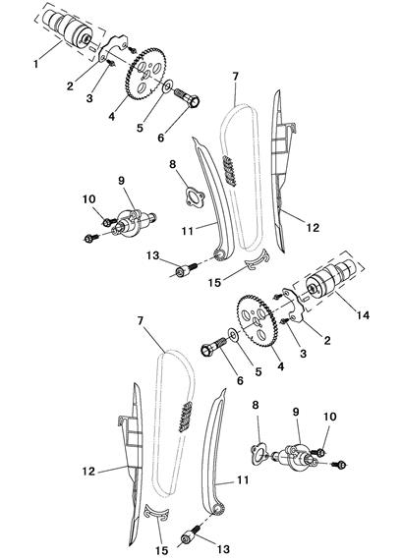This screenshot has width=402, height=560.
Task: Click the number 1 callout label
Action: click(35, 64)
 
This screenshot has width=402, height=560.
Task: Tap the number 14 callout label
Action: click(363, 315)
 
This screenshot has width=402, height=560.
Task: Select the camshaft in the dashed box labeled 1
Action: click(67, 28)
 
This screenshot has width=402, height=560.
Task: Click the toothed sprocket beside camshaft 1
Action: click(146, 74)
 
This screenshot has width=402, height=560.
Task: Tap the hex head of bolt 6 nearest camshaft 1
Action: click(195, 102)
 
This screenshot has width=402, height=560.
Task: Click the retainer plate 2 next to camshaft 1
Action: click(112, 49)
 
